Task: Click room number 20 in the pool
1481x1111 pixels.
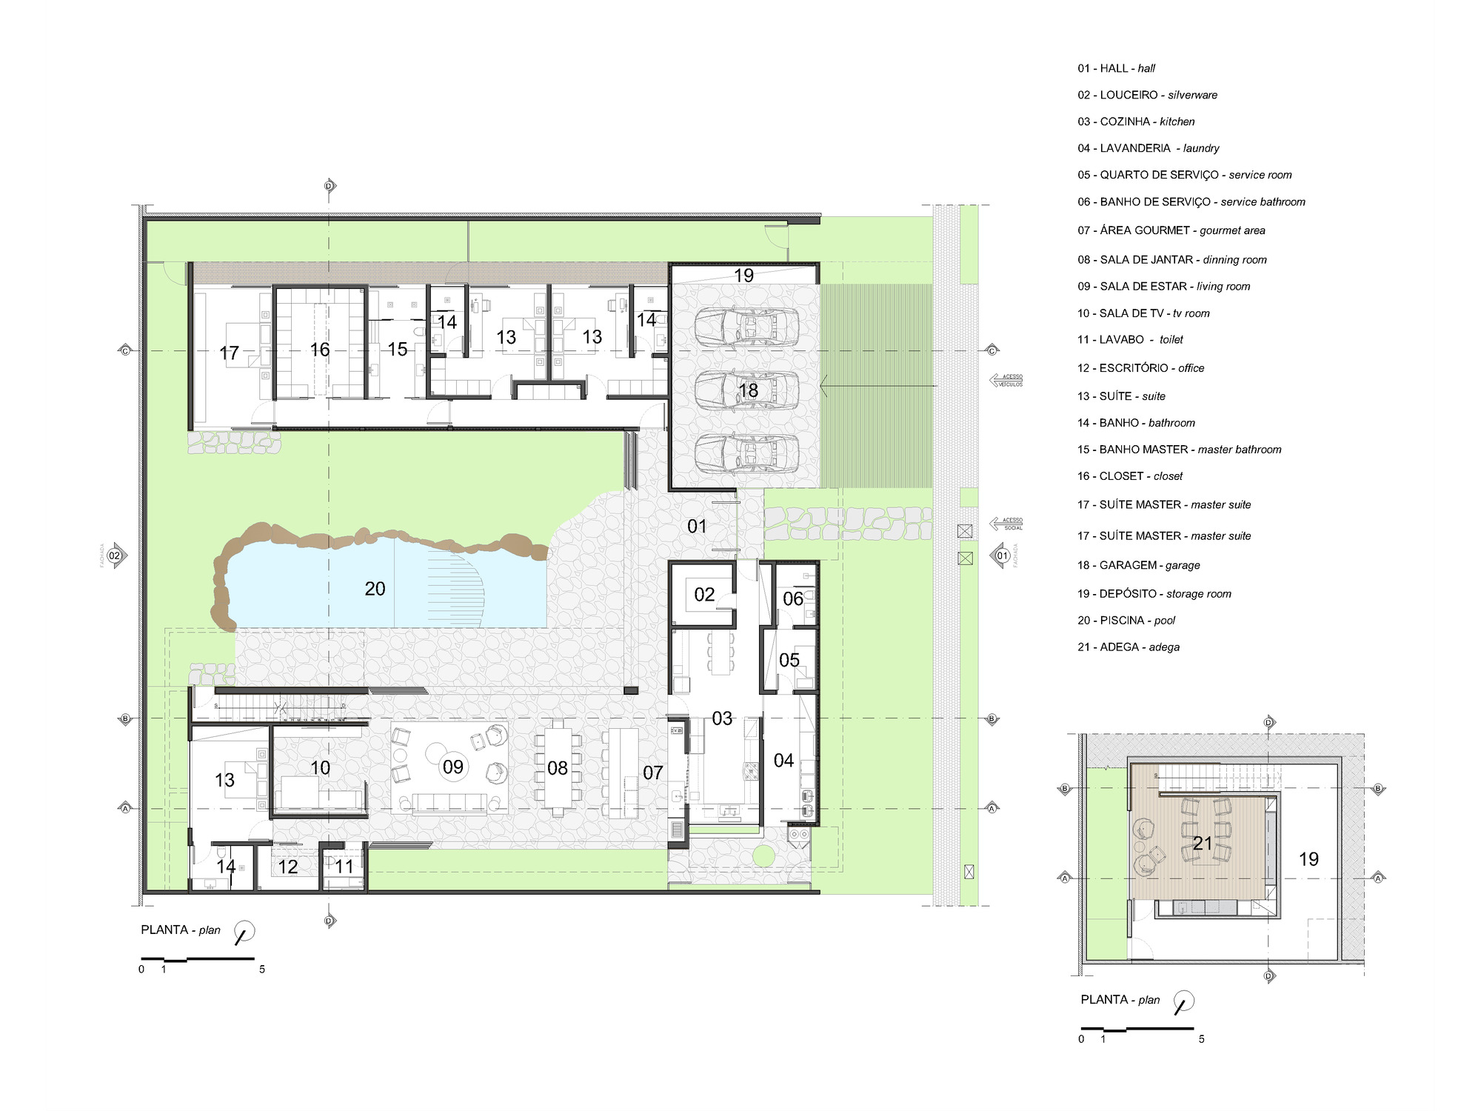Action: [x=375, y=589]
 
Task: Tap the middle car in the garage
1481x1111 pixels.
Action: [x=747, y=390]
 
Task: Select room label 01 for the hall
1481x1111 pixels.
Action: [x=697, y=527]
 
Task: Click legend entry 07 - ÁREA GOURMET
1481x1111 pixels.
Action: [x=1171, y=230]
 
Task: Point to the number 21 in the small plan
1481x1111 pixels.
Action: [x=1203, y=844]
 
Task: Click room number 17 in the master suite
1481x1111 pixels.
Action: [x=229, y=353]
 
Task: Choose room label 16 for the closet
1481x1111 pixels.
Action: [x=319, y=350]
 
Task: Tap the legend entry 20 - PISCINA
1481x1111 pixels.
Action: [x=1126, y=621]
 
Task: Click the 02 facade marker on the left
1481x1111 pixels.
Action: [x=115, y=555]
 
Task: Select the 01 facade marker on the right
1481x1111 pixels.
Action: [x=1002, y=555]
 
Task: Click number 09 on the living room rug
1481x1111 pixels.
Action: [x=452, y=767]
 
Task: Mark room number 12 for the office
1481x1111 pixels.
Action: [x=287, y=867]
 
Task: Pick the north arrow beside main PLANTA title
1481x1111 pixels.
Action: [x=244, y=932]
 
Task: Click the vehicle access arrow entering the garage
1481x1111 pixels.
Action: [x=877, y=386]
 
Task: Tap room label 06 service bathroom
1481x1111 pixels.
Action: [x=792, y=598]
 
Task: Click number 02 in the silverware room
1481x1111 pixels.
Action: [x=704, y=595]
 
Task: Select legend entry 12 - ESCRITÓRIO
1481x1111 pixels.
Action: [x=1140, y=368]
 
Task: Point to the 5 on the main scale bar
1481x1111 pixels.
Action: [x=261, y=970]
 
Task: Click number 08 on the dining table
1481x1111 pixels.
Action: [x=557, y=769]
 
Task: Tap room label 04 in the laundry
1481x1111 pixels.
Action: [x=783, y=761]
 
